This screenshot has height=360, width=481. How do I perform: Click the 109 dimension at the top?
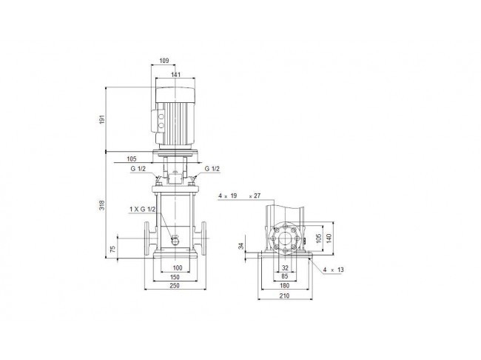(164, 61)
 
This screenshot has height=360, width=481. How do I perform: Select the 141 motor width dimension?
(176, 74)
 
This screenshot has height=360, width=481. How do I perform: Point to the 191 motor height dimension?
(102, 119)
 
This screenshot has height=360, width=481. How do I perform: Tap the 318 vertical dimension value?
(102, 205)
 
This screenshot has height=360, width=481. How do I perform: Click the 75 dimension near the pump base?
(113, 249)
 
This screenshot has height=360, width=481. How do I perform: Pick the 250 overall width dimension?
(175, 285)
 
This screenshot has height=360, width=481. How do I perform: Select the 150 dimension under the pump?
(175, 277)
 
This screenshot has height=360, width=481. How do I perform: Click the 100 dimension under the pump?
(178, 268)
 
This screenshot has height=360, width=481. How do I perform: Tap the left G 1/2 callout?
(138, 169)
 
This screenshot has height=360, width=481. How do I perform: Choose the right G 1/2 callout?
(212, 169)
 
